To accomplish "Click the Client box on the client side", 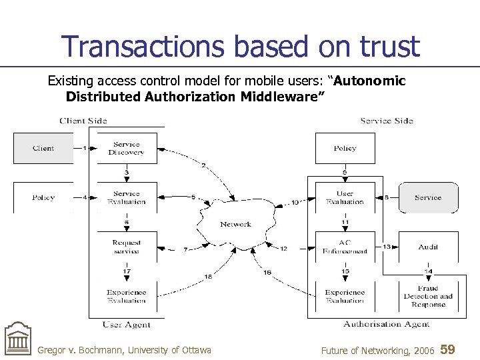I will (43, 148).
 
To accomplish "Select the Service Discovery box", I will (127, 148).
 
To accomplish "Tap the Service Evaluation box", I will (127, 197).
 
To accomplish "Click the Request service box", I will (127, 247).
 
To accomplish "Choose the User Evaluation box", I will (345, 197).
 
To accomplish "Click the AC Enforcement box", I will (345, 247).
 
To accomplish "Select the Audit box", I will (428, 247).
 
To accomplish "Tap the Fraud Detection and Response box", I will (428, 297).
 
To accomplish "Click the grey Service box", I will (428, 197).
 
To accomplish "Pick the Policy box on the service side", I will (345, 148).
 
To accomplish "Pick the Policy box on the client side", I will (43, 197).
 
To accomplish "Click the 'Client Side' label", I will (83, 121).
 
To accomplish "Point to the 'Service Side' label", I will (387, 121).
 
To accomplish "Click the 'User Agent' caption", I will (127, 325).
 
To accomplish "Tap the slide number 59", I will (448, 349).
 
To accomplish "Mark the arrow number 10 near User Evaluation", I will (295, 202).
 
